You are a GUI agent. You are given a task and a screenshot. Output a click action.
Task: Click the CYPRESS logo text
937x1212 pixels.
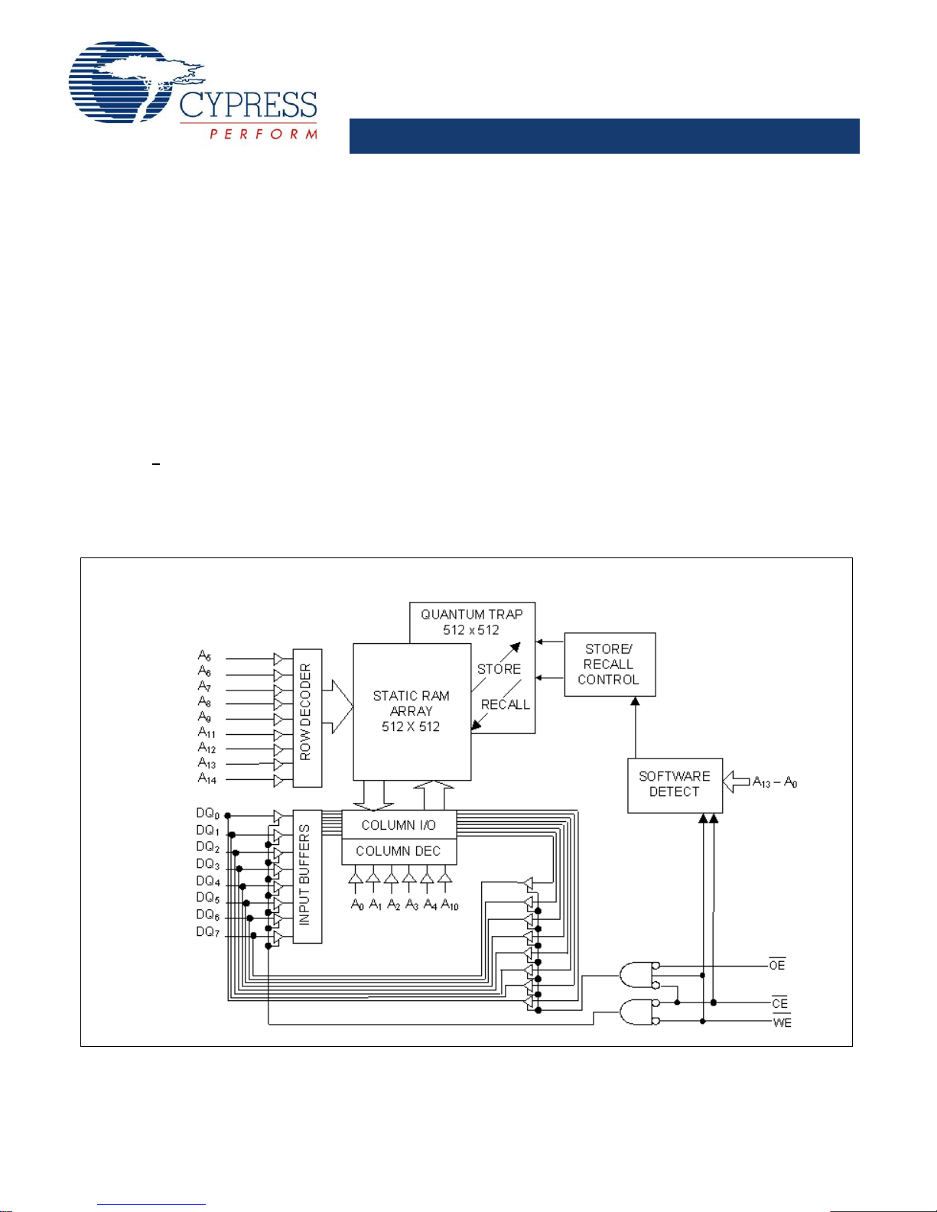[x=248, y=105]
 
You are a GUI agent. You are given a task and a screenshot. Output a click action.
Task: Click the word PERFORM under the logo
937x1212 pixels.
[x=263, y=134]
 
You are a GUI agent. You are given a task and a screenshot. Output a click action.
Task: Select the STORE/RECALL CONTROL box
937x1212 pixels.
[x=609, y=664]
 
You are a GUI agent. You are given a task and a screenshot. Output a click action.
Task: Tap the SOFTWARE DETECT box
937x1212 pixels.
[x=674, y=785]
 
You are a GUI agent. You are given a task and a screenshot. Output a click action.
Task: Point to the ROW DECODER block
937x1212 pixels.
[x=307, y=717]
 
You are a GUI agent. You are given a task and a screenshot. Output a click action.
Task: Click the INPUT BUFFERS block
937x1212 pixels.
[x=306, y=876]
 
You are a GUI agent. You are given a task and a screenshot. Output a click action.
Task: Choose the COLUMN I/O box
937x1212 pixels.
[x=399, y=825]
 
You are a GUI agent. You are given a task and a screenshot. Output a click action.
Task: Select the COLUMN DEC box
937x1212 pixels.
[x=399, y=851]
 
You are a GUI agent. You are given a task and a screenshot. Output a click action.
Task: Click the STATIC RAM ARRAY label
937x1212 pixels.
[x=411, y=711]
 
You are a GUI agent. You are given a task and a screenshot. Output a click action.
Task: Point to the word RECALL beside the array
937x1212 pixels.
[x=505, y=705]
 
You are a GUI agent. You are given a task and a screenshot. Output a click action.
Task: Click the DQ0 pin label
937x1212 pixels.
[x=207, y=814]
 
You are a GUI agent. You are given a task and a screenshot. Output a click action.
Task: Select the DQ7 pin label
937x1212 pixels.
[x=207, y=932]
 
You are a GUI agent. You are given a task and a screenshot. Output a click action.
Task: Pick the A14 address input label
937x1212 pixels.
[x=207, y=778]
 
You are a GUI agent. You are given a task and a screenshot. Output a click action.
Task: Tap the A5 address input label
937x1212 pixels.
[x=204, y=655]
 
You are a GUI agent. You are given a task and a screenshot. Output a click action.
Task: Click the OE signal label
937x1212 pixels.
[x=777, y=966]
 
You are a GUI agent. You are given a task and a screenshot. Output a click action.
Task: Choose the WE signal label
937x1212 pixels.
[x=782, y=1022]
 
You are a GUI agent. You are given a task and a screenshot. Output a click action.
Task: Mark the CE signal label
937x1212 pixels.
[x=779, y=1003]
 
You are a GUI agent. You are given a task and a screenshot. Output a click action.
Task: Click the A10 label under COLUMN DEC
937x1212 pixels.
[x=450, y=905]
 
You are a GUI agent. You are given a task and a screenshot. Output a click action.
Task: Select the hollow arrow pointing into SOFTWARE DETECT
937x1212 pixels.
[x=736, y=781]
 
